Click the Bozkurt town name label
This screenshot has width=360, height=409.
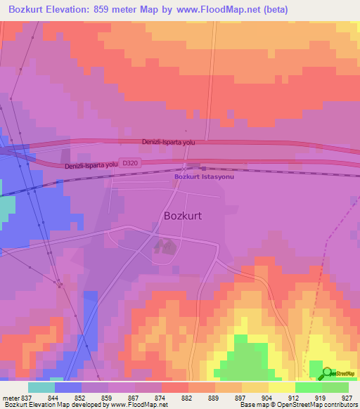(x=182, y=216)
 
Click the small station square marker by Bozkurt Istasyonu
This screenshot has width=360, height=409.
(x=203, y=169)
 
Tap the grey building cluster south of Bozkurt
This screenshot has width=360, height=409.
(x=166, y=246)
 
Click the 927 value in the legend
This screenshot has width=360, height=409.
(x=347, y=398)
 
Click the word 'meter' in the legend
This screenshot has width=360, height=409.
(x=11, y=398)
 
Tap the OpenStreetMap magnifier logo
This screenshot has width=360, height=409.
(x=328, y=373)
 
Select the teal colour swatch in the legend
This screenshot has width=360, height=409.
(x=41, y=387)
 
